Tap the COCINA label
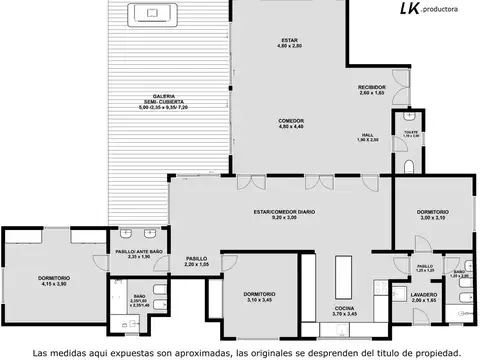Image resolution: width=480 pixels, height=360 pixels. click(x=345, y=311)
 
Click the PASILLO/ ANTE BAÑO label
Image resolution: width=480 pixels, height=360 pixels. click(x=138, y=254)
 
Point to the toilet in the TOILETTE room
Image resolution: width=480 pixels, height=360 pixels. click(x=411, y=168)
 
